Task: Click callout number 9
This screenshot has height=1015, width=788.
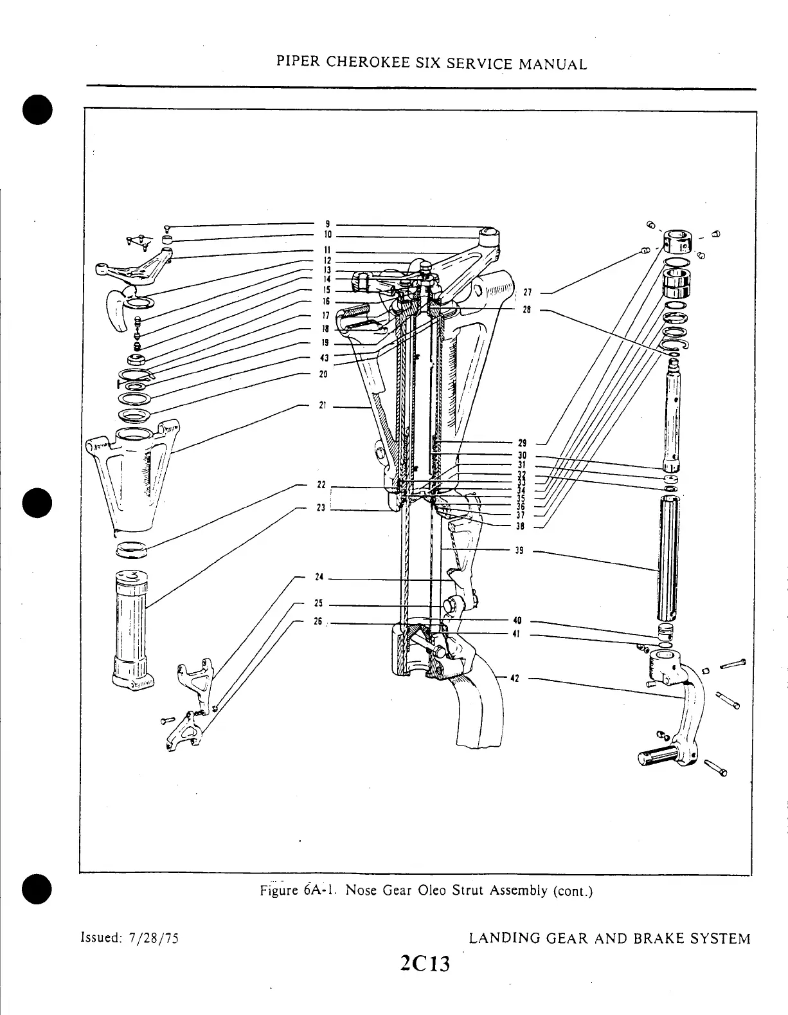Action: pos(327,224)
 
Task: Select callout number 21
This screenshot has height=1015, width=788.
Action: pos(323,405)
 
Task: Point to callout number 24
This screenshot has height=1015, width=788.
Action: pos(318,577)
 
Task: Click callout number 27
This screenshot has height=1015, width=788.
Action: pos(526,293)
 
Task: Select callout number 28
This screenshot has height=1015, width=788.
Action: pos(526,309)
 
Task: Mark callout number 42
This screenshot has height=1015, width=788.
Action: pos(515,677)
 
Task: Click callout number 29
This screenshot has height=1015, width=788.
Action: pos(521,443)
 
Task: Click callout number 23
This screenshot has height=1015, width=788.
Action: pos(321,507)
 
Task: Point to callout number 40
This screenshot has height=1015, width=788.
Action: pos(517,621)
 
